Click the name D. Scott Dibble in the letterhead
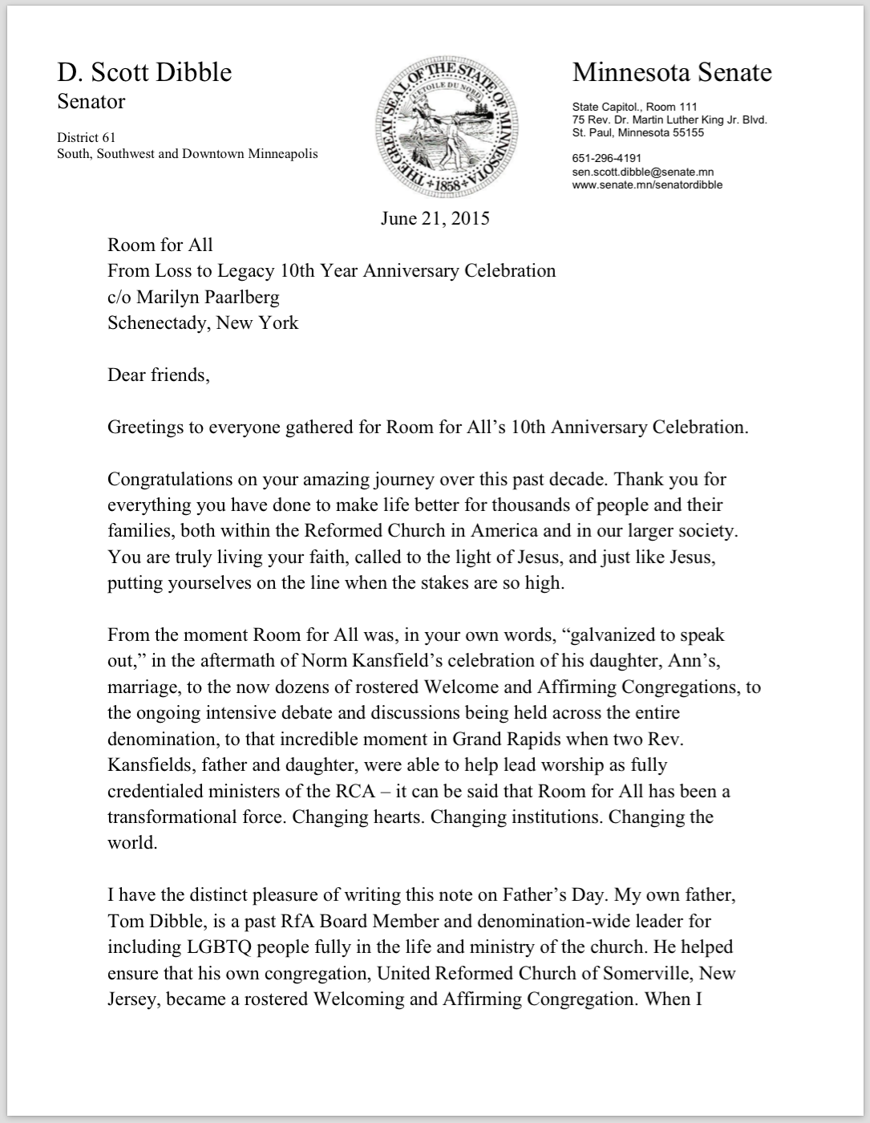pyautogui.click(x=144, y=72)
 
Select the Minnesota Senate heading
pyautogui.click(x=672, y=72)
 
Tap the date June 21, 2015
pyautogui.click(x=435, y=218)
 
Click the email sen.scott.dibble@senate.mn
pyautogui.click(x=642, y=172)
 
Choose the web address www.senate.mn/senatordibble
pyautogui.click(x=647, y=184)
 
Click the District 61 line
pyautogui.click(x=86, y=137)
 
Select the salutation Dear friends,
pyautogui.click(x=159, y=375)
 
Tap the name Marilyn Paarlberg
pyautogui.click(x=208, y=297)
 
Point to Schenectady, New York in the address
pyautogui.click(x=203, y=322)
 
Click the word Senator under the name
pyautogui.click(x=91, y=102)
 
